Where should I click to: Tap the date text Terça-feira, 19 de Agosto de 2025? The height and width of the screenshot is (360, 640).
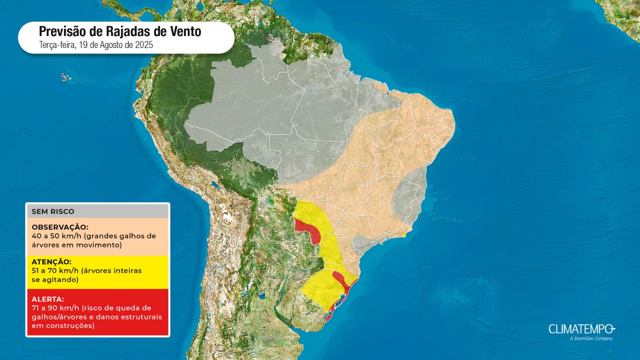point(96,45)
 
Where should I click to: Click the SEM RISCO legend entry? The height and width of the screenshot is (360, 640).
point(53,211)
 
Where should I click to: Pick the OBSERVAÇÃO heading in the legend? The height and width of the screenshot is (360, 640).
point(60,227)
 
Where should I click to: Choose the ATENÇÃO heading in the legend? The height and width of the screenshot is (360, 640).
point(52,262)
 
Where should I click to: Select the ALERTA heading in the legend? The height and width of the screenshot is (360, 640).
point(48,299)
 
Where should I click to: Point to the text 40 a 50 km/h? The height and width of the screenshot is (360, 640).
point(56,236)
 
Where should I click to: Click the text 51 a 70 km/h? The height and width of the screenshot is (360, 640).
point(55,271)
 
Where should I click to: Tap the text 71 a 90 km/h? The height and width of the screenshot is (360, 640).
point(56,308)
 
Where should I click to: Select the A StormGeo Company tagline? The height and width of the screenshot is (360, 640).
point(591,338)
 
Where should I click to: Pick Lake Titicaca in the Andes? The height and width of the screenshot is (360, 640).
point(216,186)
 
